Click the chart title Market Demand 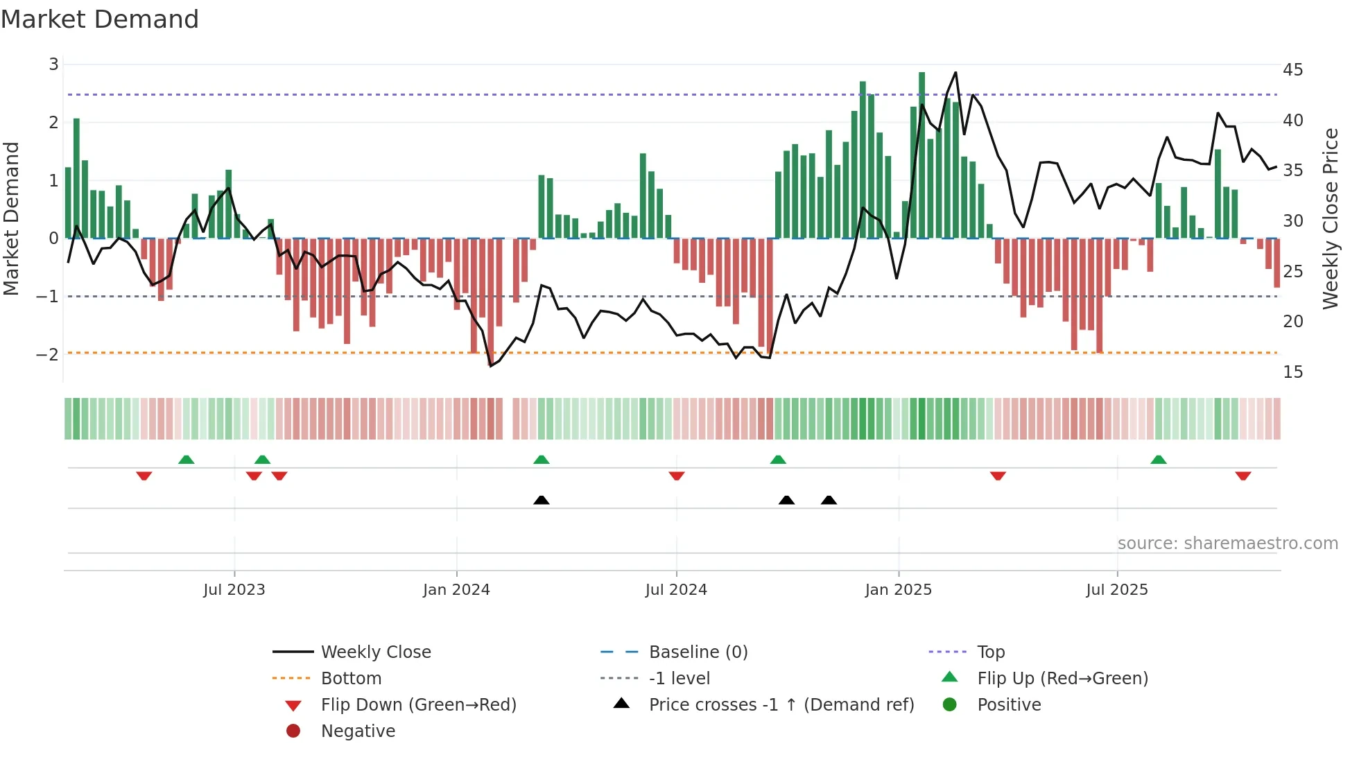(100, 19)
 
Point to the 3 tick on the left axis (53, 64)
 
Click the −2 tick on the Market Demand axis (48, 354)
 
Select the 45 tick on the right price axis (1292, 70)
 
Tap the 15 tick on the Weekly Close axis (1292, 372)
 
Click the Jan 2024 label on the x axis (456, 590)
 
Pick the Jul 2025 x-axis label (1116, 590)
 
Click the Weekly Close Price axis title (1330, 218)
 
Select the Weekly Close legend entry (375, 652)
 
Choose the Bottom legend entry (351, 679)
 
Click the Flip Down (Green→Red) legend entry (418, 705)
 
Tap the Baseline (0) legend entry (698, 652)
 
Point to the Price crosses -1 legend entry (781, 705)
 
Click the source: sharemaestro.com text (1227, 544)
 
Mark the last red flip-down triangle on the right (1243, 476)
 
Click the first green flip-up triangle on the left (186, 460)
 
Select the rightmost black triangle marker (829, 500)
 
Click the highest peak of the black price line (955, 73)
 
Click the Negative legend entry (358, 731)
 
